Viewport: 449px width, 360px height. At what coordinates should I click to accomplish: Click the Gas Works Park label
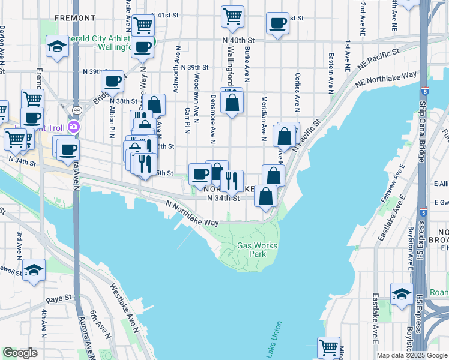[252, 250]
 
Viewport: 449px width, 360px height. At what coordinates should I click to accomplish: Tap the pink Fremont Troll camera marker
[74, 127]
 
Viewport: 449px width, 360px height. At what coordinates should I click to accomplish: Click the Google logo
[20, 353]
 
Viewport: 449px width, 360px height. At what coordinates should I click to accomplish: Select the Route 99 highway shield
[77, 110]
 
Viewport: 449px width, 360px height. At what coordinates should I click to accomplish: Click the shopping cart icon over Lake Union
[328, 347]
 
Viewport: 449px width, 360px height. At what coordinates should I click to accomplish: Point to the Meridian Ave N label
[264, 118]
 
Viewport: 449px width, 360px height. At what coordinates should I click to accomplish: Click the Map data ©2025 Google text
[411, 355]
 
